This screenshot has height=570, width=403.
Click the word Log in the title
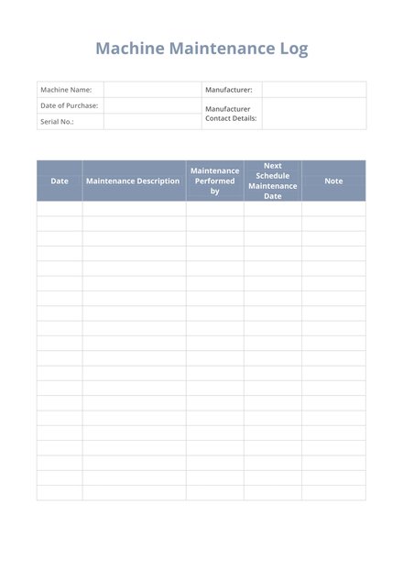(x=293, y=49)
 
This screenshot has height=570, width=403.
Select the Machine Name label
(x=66, y=90)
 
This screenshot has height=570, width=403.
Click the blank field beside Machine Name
(x=152, y=90)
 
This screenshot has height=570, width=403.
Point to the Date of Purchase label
(x=69, y=105)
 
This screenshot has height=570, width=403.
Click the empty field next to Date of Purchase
(x=152, y=105)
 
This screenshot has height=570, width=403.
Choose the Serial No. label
(x=57, y=121)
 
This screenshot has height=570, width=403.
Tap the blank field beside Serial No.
(x=152, y=121)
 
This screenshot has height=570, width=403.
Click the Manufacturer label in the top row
(x=229, y=90)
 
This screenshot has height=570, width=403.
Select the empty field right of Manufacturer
(x=313, y=90)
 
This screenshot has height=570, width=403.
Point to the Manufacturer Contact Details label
(x=231, y=114)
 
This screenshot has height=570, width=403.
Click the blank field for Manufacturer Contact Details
(x=313, y=114)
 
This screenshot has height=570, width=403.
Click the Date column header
(x=60, y=181)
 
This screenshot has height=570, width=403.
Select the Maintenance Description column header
(x=133, y=181)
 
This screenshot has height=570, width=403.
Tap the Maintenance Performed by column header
(x=214, y=181)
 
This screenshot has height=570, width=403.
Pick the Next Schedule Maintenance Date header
(x=272, y=181)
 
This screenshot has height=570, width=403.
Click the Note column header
(x=333, y=181)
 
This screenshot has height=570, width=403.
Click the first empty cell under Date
(x=60, y=209)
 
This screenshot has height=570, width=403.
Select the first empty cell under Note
(x=333, y=209)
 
